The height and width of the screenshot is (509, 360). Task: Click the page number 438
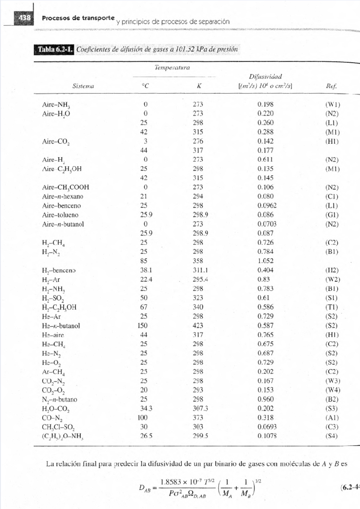click(x=25, y=18)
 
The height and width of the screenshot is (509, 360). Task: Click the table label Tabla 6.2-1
click(x=55, y=49)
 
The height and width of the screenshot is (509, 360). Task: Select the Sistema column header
click(x=83, y=86)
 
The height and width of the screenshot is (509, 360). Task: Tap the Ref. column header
click(x=331, y=86)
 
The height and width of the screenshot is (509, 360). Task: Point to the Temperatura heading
click(x=172, y=68)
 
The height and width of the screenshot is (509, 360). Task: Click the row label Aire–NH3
click(x=56, y=105)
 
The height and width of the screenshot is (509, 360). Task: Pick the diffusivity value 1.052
click(x=265, y=261)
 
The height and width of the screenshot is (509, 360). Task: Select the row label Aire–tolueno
click(x=60, y=215)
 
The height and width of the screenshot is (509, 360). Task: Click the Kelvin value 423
click(x=198, y=326)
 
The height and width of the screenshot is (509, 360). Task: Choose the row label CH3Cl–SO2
click(x=58, y=427)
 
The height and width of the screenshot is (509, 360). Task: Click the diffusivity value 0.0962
click(x=267, y=206)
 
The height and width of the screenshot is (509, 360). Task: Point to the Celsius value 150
click(x=142, y=326)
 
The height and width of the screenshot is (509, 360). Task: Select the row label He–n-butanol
click(x=61, y=326)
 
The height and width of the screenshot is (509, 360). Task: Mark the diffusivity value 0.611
click(x=265, y=159)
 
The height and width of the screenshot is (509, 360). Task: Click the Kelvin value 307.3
click(x=200, y=409)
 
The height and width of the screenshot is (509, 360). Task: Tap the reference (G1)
click(x=332, y=215)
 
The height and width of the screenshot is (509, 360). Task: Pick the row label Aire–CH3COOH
click(x=66, y=187)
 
